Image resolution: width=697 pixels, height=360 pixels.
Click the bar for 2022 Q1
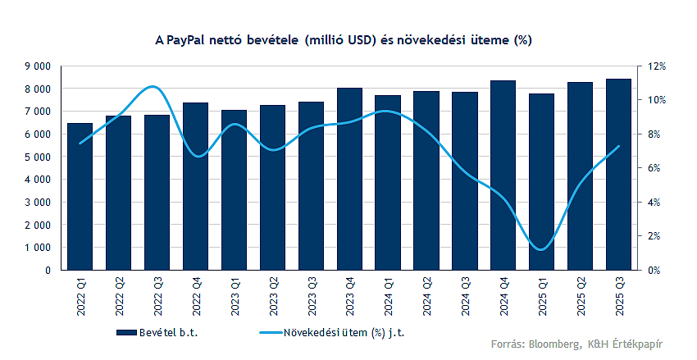pos(80,197)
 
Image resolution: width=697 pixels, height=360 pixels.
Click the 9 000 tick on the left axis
pos(38,66)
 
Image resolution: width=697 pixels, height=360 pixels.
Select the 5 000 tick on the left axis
pos(38,157)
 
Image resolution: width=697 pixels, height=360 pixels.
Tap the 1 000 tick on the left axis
pos(38,247)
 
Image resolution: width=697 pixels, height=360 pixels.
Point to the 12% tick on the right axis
pos(654,66)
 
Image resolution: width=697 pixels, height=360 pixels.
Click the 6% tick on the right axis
pos(652,168)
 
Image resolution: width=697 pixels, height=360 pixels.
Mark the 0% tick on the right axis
pos(652,270)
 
